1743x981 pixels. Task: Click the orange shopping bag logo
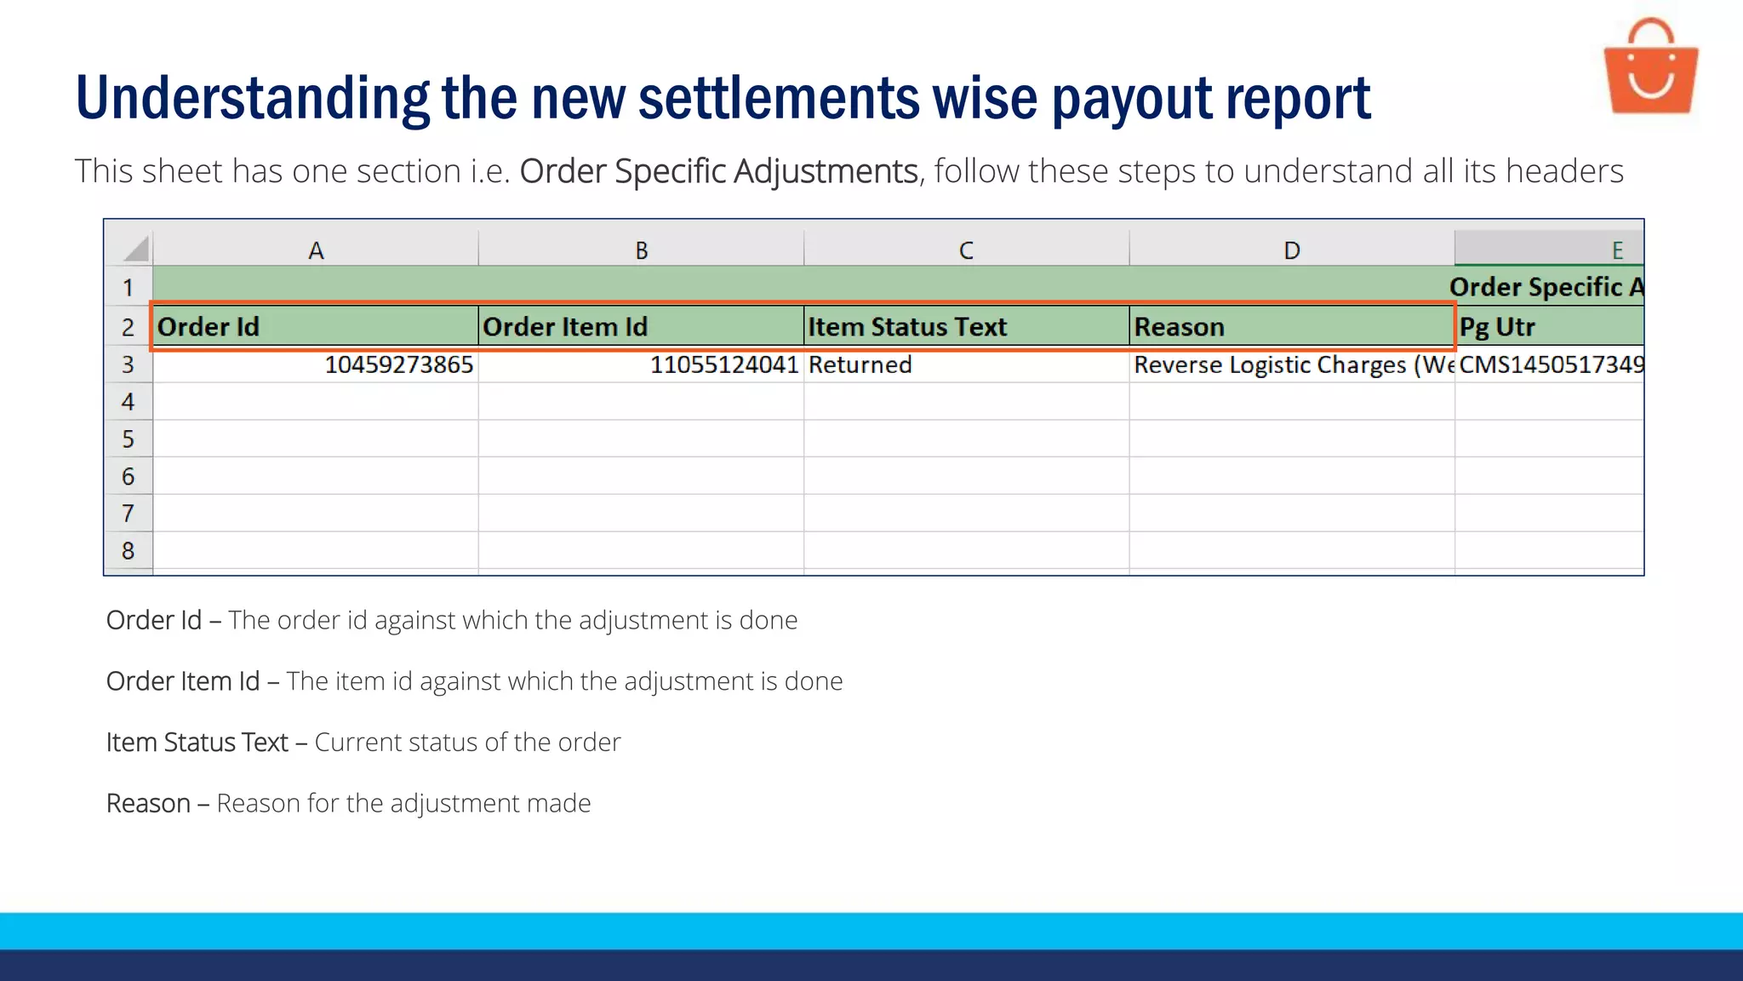coord(1650,68)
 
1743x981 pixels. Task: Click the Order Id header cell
coord(315,327)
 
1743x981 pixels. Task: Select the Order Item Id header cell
coord(641,327)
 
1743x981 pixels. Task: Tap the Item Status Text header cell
coord(966,327)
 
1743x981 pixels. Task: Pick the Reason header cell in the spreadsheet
coord(1291,327)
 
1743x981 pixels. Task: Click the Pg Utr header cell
coord(1549,327)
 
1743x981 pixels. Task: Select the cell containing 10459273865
coord(315,364)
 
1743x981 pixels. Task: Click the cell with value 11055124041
coord(641,364)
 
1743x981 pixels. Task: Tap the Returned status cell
coord(966,364)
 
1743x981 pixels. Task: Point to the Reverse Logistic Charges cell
coord(1291,364)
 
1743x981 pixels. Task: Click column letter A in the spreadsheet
coord(316,250)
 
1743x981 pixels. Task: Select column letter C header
coord(966,250)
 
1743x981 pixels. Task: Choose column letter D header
coord(1291,250)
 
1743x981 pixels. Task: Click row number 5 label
coord(129,439)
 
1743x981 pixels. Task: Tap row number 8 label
coord(129,551)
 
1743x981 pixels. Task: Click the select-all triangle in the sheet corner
coord(135,249)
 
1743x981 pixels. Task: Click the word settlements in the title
coord(779,99)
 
